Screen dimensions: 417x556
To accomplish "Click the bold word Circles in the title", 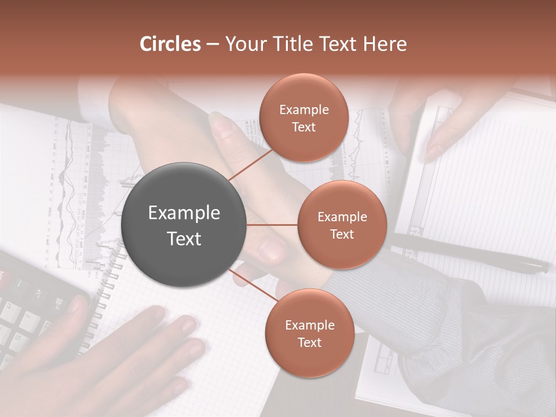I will [x=170, y=44].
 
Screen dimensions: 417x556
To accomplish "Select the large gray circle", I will [x=184, y=225].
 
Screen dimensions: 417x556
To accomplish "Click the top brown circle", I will [x=303, y=118].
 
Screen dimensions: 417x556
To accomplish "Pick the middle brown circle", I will [x=342, y=225].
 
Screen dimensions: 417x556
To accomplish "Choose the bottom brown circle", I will [x=309, y=333].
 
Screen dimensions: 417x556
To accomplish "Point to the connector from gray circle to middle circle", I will [x=272, y=225].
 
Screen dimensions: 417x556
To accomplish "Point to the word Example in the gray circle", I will [x=184, y=213].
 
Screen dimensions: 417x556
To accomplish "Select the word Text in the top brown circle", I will [x=303, y=127].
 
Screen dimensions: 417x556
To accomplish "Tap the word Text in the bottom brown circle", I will [x=309, y=342].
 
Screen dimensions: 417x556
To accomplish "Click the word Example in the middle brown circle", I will [x=342, y=217].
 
